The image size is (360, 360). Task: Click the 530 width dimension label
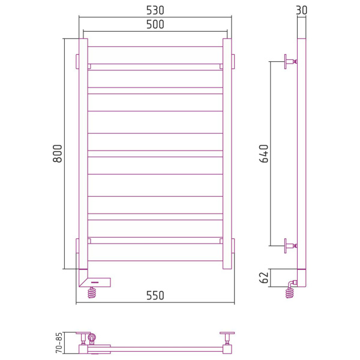click(x=155, y=10)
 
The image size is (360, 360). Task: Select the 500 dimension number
click(x=155, y=25)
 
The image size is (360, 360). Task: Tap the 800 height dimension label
click(x=58, y=154)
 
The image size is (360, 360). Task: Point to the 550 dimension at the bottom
click(x=155, y=295)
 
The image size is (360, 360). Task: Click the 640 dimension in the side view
click(x=264, y=154)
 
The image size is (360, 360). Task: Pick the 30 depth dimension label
click(x=301, y=10)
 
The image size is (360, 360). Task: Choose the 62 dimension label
click(x=264, y=278)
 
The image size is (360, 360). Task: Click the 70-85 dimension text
click(x=59, y=343)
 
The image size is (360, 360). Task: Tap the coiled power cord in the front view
click(x=92, y=293)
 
